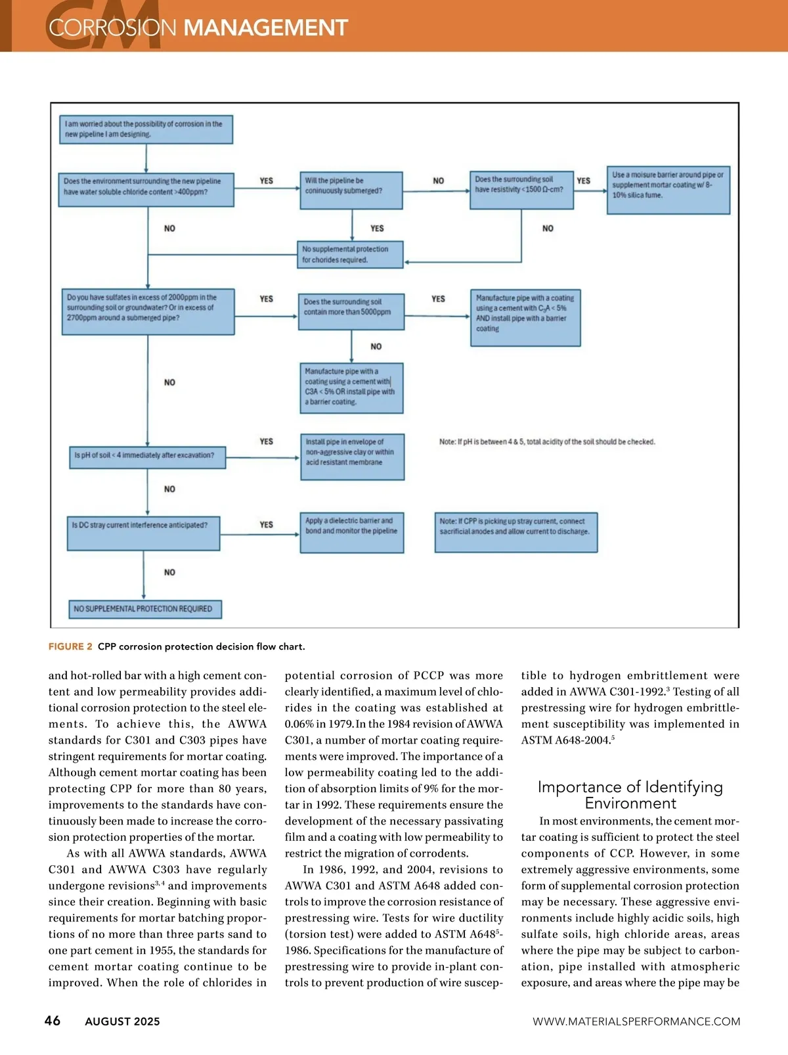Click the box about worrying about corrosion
146,129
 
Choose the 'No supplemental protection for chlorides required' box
349,254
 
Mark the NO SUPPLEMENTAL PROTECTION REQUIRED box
144,609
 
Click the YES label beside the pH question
266,441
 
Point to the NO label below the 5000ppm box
376,346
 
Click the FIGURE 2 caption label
70,646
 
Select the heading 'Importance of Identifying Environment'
630,795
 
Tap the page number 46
53,1020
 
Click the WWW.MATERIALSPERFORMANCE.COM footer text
636,1021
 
